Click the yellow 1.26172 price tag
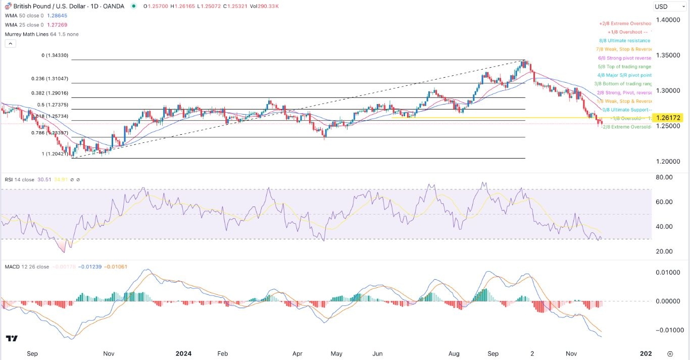point(667,118)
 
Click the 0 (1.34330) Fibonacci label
point(56,56)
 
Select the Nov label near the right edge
point(571,353)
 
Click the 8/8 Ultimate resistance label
point(624,40)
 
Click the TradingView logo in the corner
point(12,338)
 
